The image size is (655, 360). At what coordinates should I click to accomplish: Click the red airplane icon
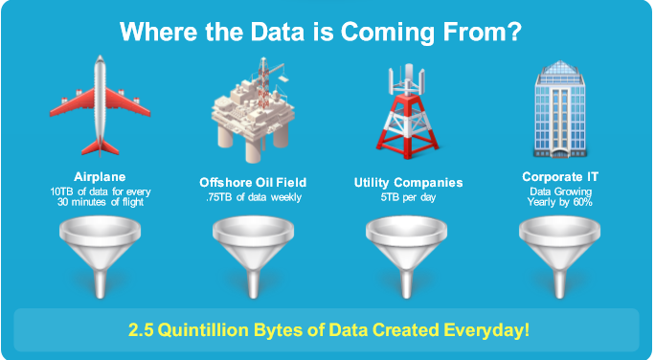pyautogui.click(x=101, y=105)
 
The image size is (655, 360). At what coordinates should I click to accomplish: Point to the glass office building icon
pyautogui.click(x=560, y=107)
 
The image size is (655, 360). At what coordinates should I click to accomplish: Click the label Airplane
pyautogui.click(x=100, y=176)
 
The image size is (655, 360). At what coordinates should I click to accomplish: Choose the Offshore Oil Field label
pyautogui.click(x=252, y=182)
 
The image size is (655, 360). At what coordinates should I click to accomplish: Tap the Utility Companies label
pyautogui.click(x=409, y=182)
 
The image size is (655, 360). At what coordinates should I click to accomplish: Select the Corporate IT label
pyautogui.click(x=560, y=176)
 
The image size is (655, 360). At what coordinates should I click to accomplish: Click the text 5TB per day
pyautogui.click(x=409, y=197)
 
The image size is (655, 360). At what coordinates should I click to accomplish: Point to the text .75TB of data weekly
pyautogui.click(x=252, y=197)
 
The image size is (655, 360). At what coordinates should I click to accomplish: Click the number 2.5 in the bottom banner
pyautogui.click(x=142, y=331)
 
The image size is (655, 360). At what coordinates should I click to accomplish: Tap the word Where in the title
pyautogui.click(x=156, y=32)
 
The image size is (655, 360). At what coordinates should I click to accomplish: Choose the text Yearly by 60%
pyautogui.click(x=560, y=202)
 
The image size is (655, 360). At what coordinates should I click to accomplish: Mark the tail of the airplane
pyautogui.click(x=101, y=147)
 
